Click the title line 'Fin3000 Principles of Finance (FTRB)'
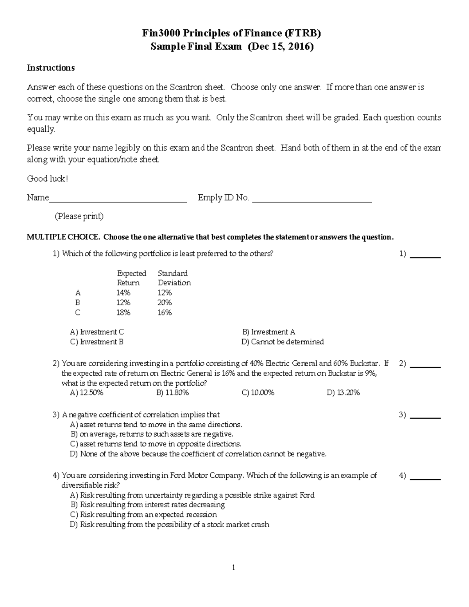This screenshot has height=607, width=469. click(x=232, y=34)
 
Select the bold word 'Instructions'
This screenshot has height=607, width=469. click(x=50, y=68)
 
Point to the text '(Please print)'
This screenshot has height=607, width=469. click(x=79, y=216)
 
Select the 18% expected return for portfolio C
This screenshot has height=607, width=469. click(x=123, y=312)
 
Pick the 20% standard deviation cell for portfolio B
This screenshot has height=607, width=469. click(x=165, y=303)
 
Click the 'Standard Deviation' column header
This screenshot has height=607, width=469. click(x=174, y=278)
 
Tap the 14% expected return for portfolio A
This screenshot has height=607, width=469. click(x=123, y=293)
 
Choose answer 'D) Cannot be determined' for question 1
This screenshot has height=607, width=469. click(x=283, y=342)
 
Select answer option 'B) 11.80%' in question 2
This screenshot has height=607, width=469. click(x=172, y=393)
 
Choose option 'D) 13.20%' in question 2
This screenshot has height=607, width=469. click(x=343, y=393)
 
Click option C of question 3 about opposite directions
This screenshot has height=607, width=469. click(x=156, y=444)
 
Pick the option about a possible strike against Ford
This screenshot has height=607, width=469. click(x=192, y=495)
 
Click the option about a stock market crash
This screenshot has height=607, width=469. click(x=169, y=525)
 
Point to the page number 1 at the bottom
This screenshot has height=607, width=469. click(x=233, y=568)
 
